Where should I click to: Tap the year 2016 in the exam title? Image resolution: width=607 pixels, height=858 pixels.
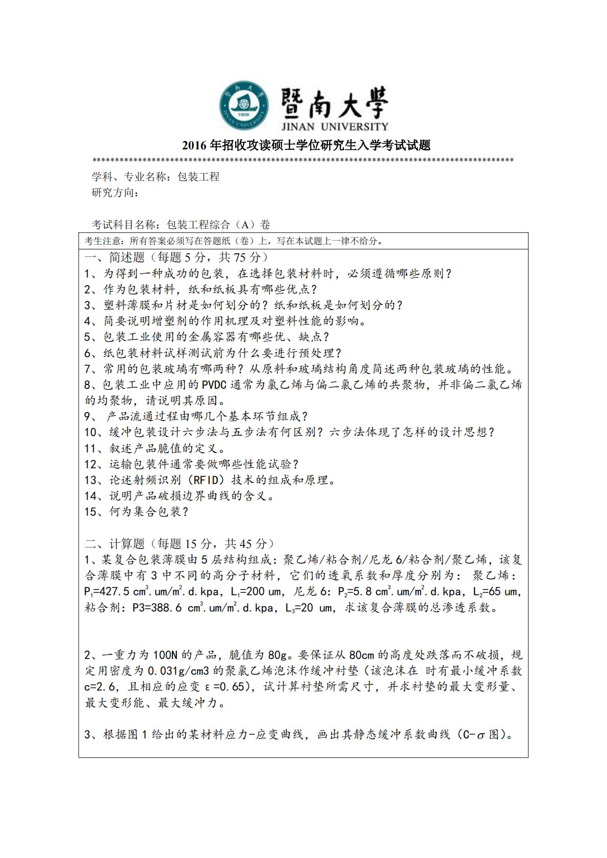point(194,146)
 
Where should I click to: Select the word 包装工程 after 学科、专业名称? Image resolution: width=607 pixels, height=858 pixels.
point(198,177)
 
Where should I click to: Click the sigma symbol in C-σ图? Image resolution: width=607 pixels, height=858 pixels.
point(480,736)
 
